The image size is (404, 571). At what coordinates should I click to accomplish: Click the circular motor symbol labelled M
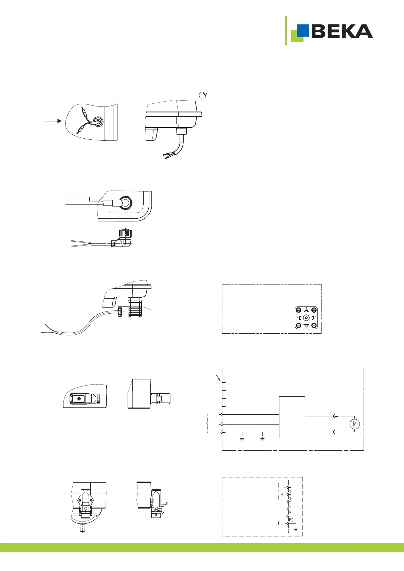[x=355, y=424]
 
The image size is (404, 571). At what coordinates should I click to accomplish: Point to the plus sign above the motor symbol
[x=356, y=417]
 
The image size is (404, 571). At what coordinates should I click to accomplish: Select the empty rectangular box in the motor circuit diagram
[x=292, y=417]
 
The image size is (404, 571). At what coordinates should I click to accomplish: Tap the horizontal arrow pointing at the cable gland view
[x=53, y=121]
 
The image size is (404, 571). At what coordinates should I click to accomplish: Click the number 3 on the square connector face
[x=306, y=309]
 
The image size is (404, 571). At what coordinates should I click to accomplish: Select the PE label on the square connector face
[x=306, y=327]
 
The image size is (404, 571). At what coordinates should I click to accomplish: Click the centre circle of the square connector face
[x=306, y=318]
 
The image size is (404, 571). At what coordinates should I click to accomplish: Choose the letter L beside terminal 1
[x=281, y=488]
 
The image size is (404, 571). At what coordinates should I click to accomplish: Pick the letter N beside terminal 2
[x=281, y=495]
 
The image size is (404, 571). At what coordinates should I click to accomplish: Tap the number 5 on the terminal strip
[x=290, y=513]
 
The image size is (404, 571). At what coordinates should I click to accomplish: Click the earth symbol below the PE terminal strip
[x=296, y=529]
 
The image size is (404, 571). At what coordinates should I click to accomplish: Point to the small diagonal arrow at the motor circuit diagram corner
[x=218, y=378]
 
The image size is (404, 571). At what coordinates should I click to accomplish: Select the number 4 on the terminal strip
[x=290, y=506]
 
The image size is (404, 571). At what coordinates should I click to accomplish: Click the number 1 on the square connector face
[x=316, y=318]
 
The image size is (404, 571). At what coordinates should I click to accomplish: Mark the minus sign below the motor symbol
[x=356, y=431]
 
